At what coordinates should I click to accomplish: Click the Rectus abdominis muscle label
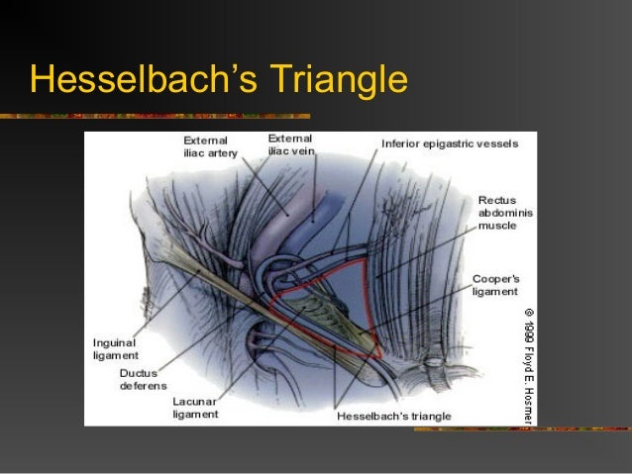click(x=505, y=213)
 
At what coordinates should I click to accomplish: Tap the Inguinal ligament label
click(x=116, y=347)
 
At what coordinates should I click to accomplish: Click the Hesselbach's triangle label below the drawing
click(x=394, y=416)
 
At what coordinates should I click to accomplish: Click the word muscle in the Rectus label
click(x=497, y=226)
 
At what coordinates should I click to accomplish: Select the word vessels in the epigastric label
click(x=495, y=143)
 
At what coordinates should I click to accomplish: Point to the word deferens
click(x=144, y=386)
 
